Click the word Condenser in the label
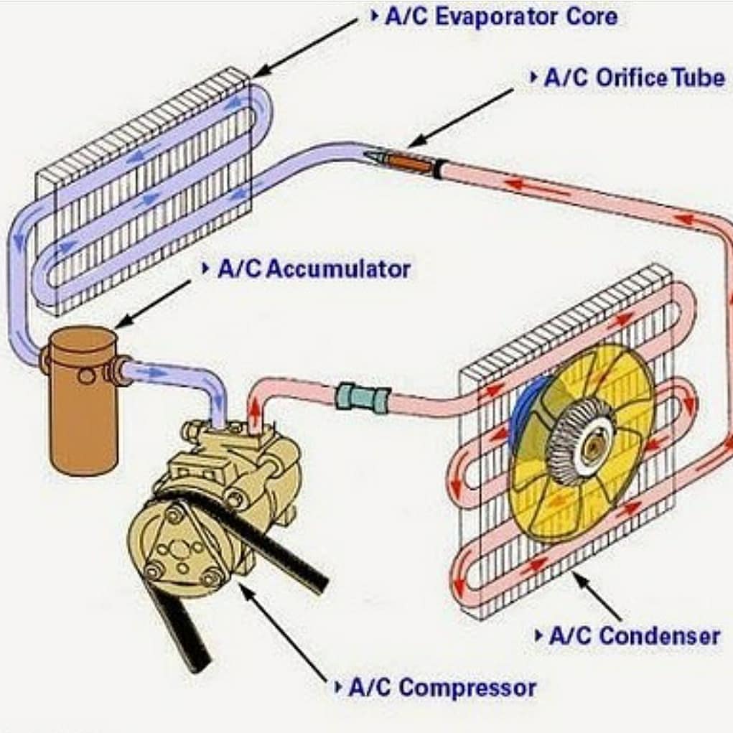[660, 636]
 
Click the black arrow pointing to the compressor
[284, 632]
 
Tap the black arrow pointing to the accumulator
[153, 304]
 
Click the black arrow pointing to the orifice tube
[461, 118]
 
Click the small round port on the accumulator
[86, 375]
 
